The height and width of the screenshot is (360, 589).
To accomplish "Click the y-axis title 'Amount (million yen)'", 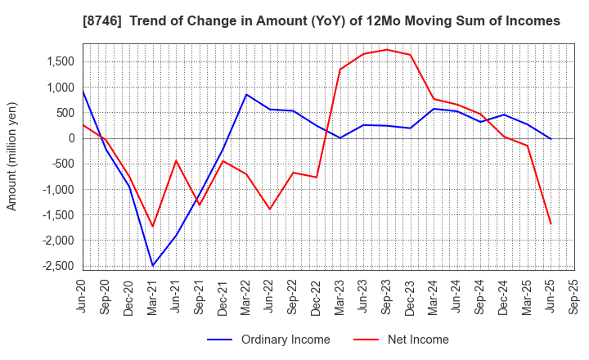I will [x=11, y=156].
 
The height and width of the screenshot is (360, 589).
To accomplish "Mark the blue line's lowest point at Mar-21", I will [x=153, y=265].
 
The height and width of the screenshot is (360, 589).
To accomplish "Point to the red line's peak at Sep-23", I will [x=387, y=49].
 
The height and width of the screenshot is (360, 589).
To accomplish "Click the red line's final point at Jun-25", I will [x=551, y=224].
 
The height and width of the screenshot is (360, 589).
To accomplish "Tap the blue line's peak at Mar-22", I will [x=246, y=94].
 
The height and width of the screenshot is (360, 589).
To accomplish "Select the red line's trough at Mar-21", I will [x=153, y=227].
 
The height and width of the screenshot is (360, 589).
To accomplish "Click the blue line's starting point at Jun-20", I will [x=83, y=90].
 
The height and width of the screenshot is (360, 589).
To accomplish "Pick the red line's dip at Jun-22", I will [x=270, y=209].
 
